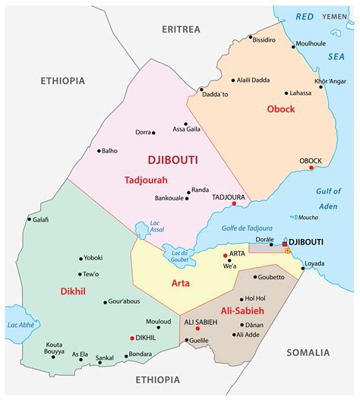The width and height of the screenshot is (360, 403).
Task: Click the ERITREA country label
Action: coord(181,29)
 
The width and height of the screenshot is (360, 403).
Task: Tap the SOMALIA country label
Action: coord(308,352)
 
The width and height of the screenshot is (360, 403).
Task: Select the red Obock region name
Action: coord(281,109)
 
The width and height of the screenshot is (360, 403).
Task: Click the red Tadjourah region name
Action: coord(145,180)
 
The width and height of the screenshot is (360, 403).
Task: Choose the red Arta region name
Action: coord(179,283)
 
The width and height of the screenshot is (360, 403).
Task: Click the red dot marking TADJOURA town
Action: coord(235,203)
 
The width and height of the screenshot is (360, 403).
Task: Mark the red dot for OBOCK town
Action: coord(311,168)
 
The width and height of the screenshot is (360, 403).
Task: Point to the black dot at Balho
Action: coord(99,150)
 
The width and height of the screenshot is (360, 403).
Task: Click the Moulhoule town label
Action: coord(310,43)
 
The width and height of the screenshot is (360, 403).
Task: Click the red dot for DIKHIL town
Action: coord(132,338)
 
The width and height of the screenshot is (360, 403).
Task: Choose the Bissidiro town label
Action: coord(264,39)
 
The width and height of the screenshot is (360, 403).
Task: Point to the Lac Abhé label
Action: coord(22,324)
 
